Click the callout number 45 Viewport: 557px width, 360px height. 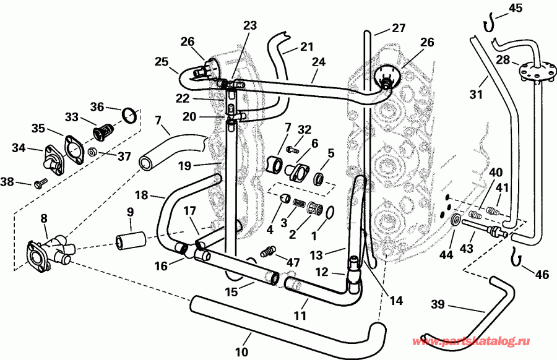tap(515, 7)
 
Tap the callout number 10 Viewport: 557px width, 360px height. tap(241, 352)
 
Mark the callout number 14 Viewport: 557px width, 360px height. tap(395, 301)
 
